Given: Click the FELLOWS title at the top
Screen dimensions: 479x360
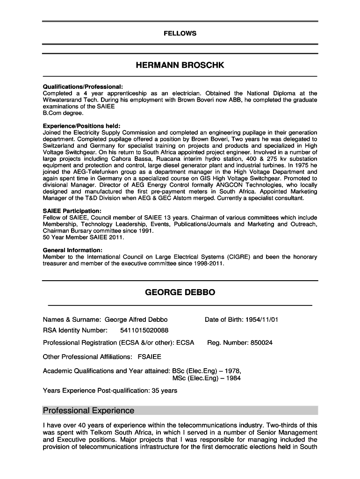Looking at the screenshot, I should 180,33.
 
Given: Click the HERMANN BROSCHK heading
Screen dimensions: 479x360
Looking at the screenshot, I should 180,65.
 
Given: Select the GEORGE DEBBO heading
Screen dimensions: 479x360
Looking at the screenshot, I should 180,292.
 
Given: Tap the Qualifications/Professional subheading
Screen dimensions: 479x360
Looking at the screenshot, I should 83,87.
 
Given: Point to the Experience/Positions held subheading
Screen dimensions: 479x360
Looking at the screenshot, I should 81,126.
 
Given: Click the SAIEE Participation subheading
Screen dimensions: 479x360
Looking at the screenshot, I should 72,211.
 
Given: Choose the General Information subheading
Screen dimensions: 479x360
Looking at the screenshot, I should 72,250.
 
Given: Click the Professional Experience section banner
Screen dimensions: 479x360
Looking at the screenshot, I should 88,411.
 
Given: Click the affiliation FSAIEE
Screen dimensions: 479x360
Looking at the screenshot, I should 149,357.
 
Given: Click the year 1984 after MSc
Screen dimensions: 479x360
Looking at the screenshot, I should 233,378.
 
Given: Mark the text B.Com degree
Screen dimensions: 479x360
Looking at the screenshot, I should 63,113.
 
